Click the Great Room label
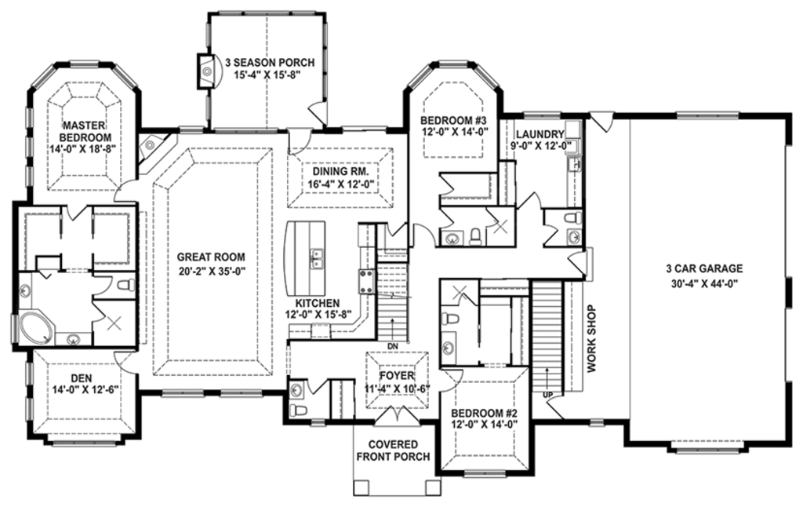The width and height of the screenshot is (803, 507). click(211, 257)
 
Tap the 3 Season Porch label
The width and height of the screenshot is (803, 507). click(270, 63)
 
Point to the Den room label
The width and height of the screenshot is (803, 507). click(82, 378)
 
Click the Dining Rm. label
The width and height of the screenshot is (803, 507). click(341, 172)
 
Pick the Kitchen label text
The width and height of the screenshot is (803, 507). click(318, 304)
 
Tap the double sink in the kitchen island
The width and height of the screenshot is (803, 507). click(317, 258)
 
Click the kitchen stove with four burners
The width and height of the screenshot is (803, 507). click(367, 282)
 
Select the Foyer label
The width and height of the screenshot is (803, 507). click(397, 376)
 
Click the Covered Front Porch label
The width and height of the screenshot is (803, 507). click(394, 450)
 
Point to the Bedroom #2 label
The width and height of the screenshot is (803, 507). click(484, 413)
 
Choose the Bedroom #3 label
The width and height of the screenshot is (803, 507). click(453, 120)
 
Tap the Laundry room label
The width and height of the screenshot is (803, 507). click(540, 134)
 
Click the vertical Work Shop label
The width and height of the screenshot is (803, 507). click(591, 339)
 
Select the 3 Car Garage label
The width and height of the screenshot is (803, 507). click(704, 268)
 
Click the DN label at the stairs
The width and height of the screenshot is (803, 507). click(393, 347)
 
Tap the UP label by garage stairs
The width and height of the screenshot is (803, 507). click(548, 394)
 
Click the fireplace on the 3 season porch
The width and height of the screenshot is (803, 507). click(207, 71)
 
